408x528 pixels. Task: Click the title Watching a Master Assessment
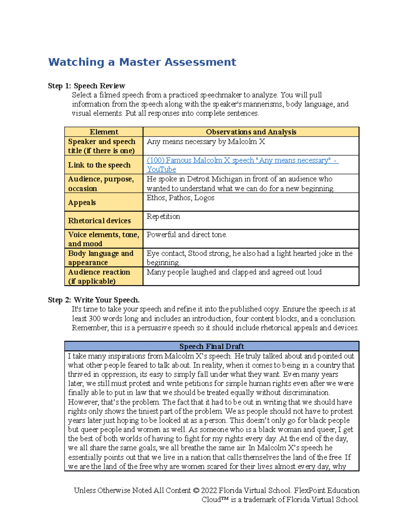coord(142,62)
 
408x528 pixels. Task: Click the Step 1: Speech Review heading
coord(86,86)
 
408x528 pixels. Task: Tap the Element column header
coord(104,132)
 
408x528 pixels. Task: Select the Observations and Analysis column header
coord(251,132)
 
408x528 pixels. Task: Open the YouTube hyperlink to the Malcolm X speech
coord(242,160)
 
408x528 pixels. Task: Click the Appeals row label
coord(82,203)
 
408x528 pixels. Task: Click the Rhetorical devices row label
coord(99,221)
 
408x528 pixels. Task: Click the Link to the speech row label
coord(99,165)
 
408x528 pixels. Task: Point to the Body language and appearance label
coord(101,258)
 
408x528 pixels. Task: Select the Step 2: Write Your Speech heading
coord(93,300)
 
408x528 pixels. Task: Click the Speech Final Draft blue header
coord(211,346)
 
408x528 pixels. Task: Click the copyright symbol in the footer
coord(196,491)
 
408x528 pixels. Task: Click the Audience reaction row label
coord(99,276)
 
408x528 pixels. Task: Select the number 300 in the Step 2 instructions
coord(95,319)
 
